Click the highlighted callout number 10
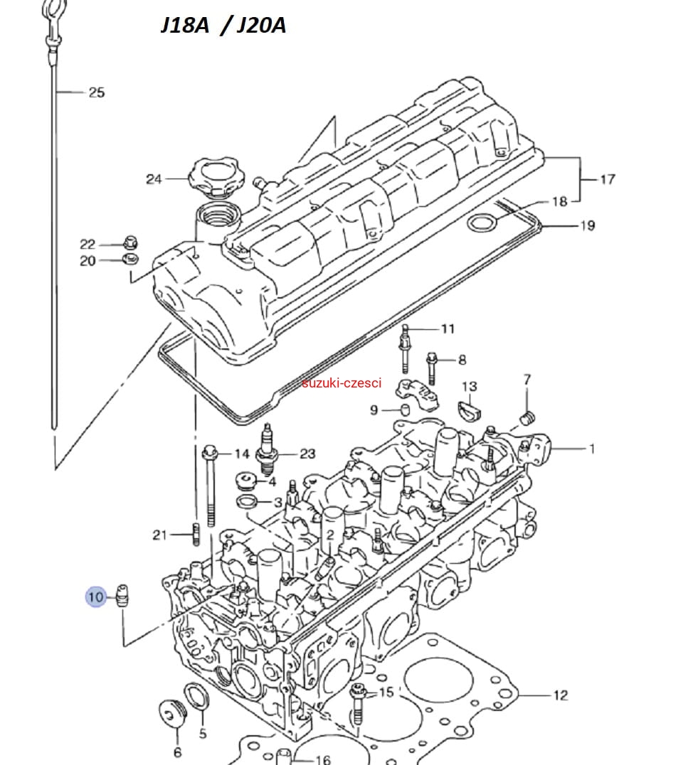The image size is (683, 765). pos(96,596)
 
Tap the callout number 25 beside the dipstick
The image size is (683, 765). pos(96,92)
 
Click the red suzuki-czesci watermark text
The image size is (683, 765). pos(341,383)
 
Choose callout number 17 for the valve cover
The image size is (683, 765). pos(607,179)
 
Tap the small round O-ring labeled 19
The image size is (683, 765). pos(482,225)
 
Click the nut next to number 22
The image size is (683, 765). pos(131,242)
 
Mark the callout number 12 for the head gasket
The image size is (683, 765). pos(561,695)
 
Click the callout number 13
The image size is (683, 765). pos(470,387)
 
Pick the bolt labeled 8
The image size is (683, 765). pos(432,366)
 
